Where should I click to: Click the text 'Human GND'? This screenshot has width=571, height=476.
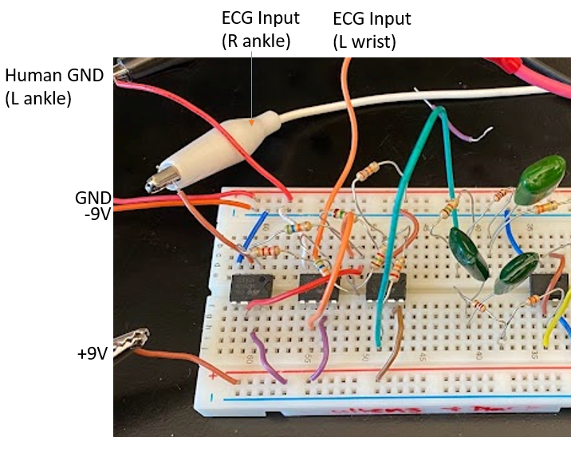click(54, 76)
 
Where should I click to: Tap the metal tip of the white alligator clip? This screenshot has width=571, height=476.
click(152, 185)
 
